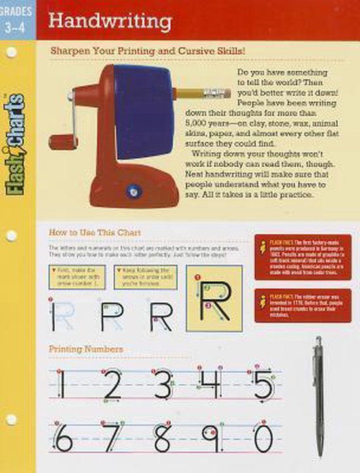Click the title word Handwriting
111,21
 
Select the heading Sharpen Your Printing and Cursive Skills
143,50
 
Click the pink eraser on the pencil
221,92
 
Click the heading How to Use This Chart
95,232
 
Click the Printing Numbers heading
86,349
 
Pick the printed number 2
113,384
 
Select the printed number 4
211,384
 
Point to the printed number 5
262,384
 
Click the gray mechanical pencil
319,396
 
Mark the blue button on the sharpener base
134,192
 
